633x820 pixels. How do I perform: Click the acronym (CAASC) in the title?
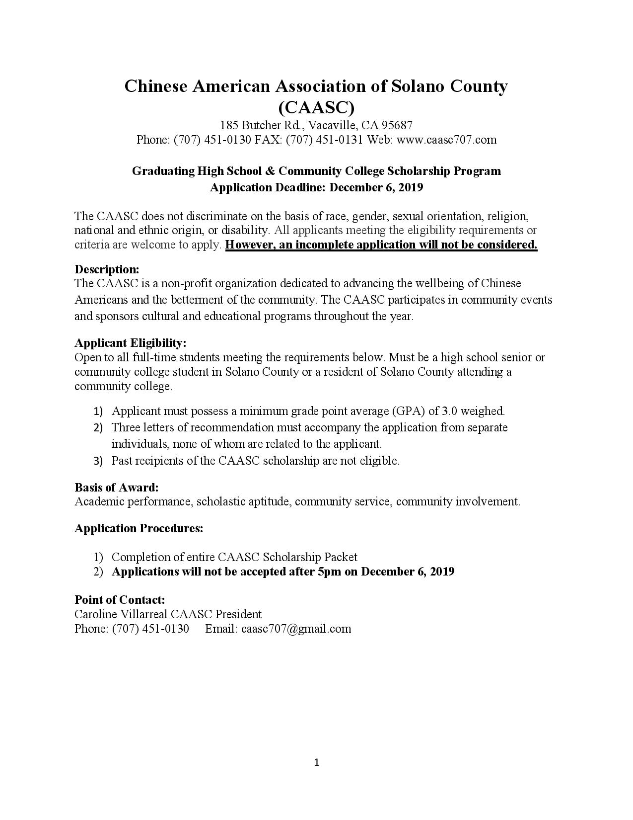click(x=316, y=107)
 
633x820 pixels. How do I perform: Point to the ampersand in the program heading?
click(x=270, y=171)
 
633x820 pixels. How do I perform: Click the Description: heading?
click(x=107, y=269)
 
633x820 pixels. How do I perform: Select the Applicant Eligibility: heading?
click(x=131, y=343)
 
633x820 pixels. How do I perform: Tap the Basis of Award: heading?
click(x=117, y=488)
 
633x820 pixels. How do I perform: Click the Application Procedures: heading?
click(x=139, y=528)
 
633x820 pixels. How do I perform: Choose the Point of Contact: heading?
click(x=120, y=600)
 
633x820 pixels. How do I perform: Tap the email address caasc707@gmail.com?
click(x=296, y=629)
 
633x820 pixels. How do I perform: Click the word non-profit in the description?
click(x=185, y=283)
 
